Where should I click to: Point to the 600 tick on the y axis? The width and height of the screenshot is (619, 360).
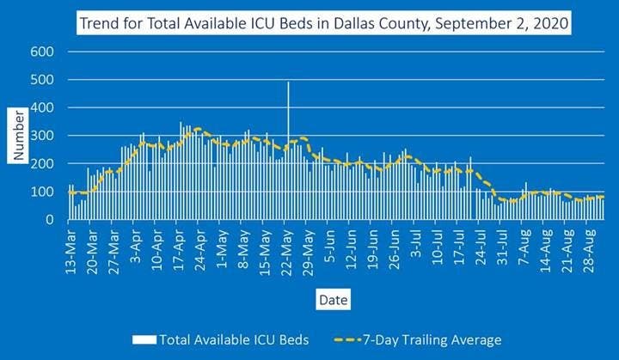tap(43, 52)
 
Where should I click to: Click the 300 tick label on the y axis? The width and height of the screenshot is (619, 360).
tap(43, 136)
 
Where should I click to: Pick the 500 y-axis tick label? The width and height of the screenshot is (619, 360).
tap(43, 80)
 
